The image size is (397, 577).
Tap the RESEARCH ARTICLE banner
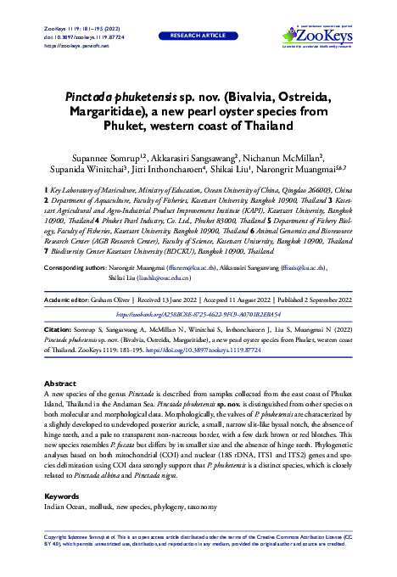(198, 36)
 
